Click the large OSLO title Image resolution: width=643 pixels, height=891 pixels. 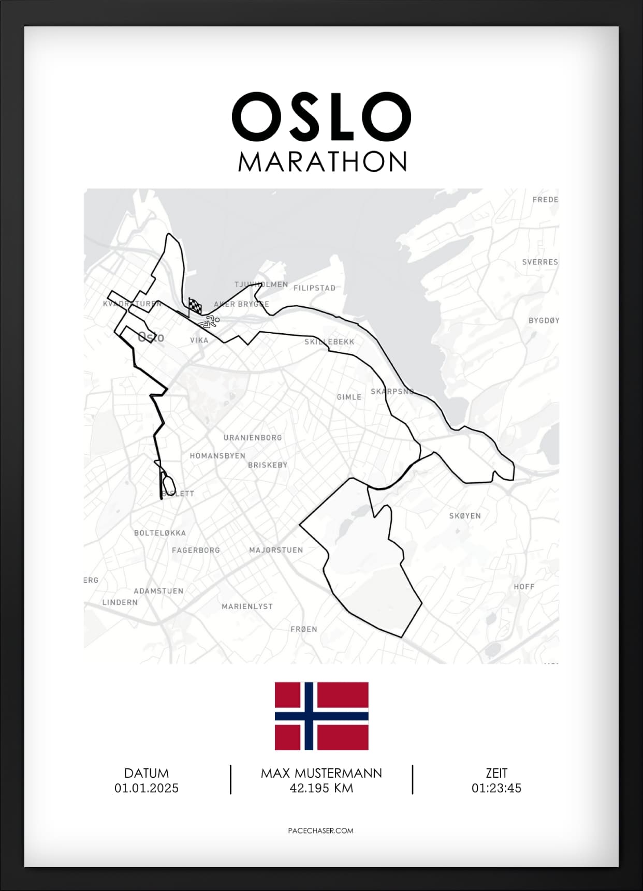click(321, 116)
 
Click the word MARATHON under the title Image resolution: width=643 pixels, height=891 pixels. click(323, 162)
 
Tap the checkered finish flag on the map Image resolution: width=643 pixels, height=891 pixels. click(195, 306)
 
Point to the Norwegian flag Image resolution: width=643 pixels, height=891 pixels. click(321, 716)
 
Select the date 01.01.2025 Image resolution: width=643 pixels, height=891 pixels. click(147, 788)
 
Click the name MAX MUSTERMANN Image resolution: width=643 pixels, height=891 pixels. click(321, 773)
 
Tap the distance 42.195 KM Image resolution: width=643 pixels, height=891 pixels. click(321, 788)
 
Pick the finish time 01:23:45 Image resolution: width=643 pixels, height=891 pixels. click(496, 788)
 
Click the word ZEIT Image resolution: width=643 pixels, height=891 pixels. click(496, 773)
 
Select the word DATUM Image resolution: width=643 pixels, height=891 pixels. click(147, 773)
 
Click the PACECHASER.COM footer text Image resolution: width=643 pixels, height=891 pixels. click(321, 830)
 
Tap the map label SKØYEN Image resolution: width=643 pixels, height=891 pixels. click(465, 516)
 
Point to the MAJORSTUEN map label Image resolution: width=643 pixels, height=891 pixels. click(276, 550)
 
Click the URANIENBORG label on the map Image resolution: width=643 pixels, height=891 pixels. click(253, 438)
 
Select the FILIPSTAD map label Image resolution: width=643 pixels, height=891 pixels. click(314, 288)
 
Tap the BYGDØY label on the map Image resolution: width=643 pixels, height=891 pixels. click(544, 321)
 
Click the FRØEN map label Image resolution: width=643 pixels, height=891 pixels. click(303, 629)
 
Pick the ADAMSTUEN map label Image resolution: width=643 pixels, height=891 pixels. click(158, 591)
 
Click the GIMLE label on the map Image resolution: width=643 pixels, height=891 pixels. click(349, 397)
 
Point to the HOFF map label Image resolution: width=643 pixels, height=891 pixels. click(524, 587)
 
